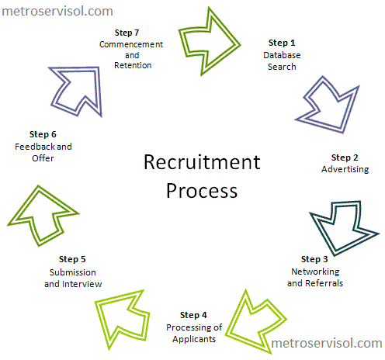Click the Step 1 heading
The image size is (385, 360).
pyautogui.click(x=282, y=43)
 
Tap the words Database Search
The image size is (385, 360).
pyautogui.click(x=282, y=61)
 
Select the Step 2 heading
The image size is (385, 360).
pyautogui.click(x=345, y=157)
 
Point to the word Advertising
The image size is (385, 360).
pyautogui.click(x=345, y=169)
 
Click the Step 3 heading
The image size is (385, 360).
pyautogui.click(x=314, y=259)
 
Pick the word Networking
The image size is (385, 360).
pyautogui.click(x=315, y=272)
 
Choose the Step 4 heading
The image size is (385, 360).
pyautogui.click(x=193, y=315)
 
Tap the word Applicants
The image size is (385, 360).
pyautogui.click(x=194, y=339)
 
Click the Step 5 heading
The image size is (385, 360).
pyautogui.click(x=72, y=259)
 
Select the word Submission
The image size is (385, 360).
pyautogui.click(x=73, y=272)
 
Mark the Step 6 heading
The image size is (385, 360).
pyautogui.click(x=43, y=134)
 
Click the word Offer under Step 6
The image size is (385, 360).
pyautogui.click(x=43, y=158)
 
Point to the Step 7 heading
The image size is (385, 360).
pyautogui.click(x=127, y=33)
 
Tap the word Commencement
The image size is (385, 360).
pyautogui.click(x=131, y=44)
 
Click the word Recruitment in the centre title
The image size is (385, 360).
pyautogui.click(x=202, y=162)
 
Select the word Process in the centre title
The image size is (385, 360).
pyautogui.click(x=202, y=191)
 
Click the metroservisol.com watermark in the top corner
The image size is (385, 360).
pyautogui.click(x=57, y=12)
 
